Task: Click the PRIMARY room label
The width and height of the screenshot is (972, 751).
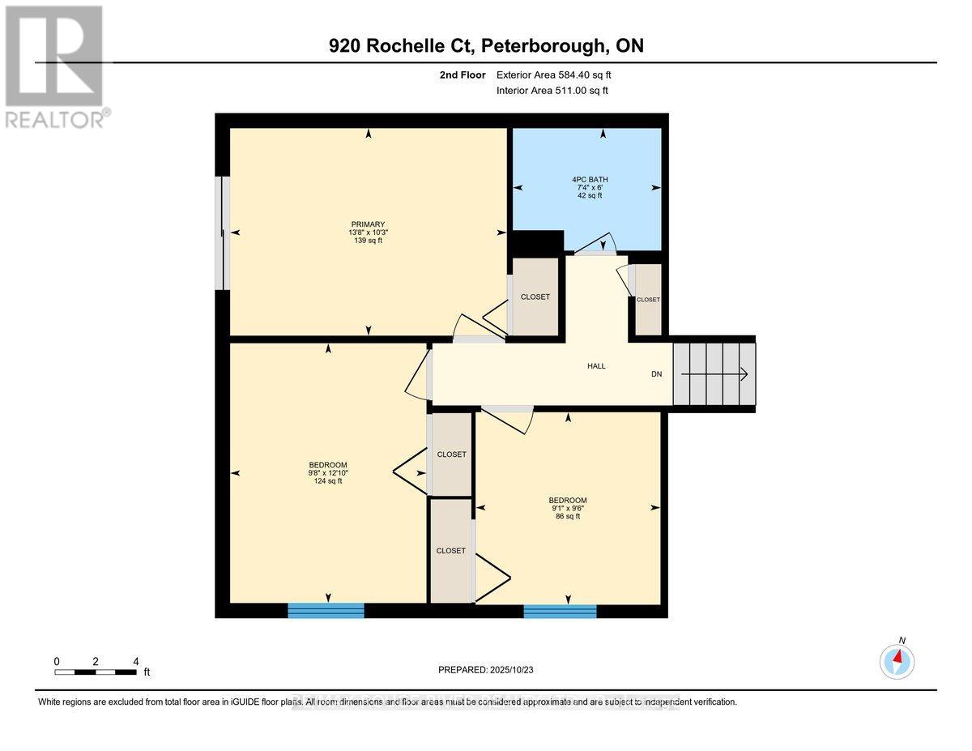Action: click(x=368, y=224)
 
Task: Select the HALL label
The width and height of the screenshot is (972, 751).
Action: click(x=596, y=366)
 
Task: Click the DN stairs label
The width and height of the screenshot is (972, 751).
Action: click(x=657, y=374)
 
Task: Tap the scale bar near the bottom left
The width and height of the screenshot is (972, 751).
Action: click(x=96, y=672)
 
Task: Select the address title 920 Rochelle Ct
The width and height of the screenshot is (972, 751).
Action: click(x=486, y=46)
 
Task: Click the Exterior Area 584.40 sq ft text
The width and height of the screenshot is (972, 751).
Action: click(x=553, y=75)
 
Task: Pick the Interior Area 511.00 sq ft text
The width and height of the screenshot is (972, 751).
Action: click(x=552, y=91)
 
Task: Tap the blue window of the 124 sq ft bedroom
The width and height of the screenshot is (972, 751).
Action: click(x=326, y=610)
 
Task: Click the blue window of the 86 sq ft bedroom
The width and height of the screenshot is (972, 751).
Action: click(x=560, y=611)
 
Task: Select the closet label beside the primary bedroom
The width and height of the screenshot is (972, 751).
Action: click(x=535, y=297)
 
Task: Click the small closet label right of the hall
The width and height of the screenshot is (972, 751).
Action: click(x=648, y=300)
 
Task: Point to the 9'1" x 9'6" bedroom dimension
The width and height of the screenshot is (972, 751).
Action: click(x=567, y=508)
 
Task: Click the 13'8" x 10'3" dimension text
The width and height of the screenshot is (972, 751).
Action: click(x=368, y=233)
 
